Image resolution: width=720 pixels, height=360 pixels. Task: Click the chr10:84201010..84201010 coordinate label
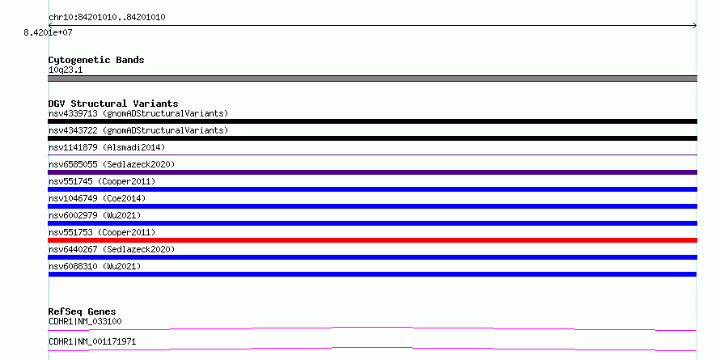pos(107,18)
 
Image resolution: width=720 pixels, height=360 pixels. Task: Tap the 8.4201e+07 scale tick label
pos(49,32)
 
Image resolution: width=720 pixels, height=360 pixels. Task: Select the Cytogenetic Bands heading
pos(96,60)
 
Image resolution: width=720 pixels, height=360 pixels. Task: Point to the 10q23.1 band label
pos(66,70)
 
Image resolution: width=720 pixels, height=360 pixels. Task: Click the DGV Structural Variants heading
pos(113,104)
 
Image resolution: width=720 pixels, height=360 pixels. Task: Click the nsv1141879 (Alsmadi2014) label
pos(107,147)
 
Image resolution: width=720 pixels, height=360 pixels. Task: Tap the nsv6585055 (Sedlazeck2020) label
pos(112,164)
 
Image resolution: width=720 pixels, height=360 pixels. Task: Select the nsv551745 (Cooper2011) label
pos(102,181)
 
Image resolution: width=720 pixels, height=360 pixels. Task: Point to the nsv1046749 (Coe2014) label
pos(97,198)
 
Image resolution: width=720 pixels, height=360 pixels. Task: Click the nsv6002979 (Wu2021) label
pos(95,215)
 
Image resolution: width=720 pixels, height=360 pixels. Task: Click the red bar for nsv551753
pos(372,240)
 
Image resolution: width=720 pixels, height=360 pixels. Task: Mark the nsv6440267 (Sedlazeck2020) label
pos(112,249)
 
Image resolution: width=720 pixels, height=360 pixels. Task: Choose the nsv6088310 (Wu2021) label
pos(95,266)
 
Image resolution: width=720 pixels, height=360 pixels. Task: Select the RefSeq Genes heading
pos(83,311)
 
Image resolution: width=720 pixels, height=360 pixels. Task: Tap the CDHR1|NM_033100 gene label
pos(85,321)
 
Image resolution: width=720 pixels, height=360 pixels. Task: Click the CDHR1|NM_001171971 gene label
pos(92,341)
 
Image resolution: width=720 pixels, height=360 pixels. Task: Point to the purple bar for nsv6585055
pos(372,172)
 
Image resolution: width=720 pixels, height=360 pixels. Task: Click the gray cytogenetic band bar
pos(372,78)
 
